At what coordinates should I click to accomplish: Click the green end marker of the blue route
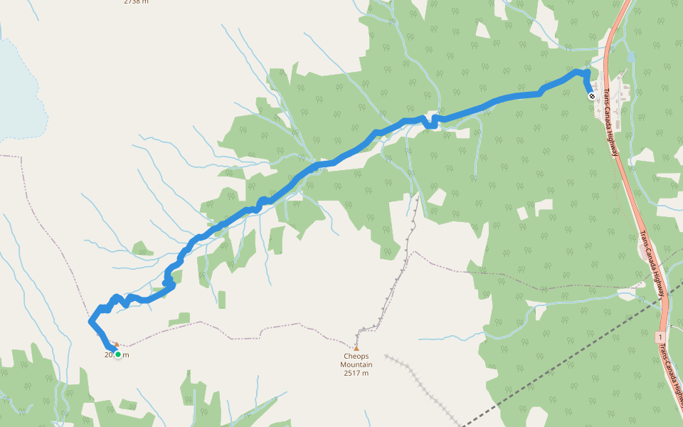(x=118, y=354)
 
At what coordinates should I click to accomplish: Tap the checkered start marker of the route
(x=592, y=95)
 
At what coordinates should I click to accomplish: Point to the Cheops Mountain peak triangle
(x=356, y=347)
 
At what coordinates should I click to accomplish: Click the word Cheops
(x=356, y=357)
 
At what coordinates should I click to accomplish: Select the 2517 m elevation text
(x=356, y=373)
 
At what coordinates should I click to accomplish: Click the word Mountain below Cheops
(x=356, y=364)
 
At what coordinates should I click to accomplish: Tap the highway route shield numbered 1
(x=661, y=335)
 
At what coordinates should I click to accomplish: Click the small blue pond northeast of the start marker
(x=631, y=57)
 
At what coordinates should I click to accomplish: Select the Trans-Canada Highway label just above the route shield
(x=652, y=268)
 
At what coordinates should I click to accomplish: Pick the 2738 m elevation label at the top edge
(x=136, y=2)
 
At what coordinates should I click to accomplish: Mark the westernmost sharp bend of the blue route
(x=91, y=322)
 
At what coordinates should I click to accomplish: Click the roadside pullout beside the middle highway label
(x=643, y=251)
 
